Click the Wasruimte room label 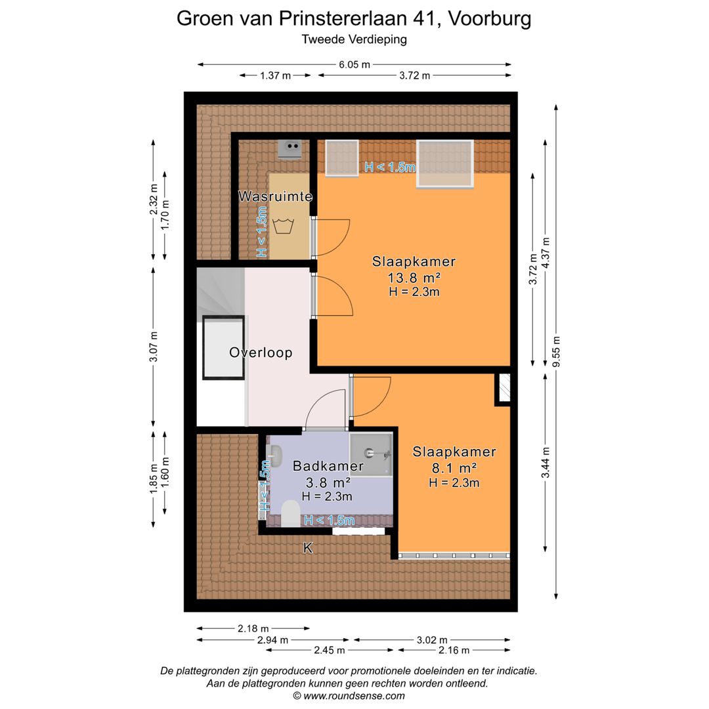[x=275, y=196]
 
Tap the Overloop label [x=261, y=353]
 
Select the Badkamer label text [x=328, y=466]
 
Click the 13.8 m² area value [x=414, y=277]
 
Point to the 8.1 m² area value [x=454, y=467]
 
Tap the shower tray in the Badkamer [x=371, y=454]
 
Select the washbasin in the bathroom [x=275, y=454]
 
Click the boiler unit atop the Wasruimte [x=290, y=149]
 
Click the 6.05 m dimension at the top [x=354, y=64]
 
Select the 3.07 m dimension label [x=154, y=347]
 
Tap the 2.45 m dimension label [x=330, y=650]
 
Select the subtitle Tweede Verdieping [x=354, y=39]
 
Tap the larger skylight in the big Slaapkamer [x=445, y=163]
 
